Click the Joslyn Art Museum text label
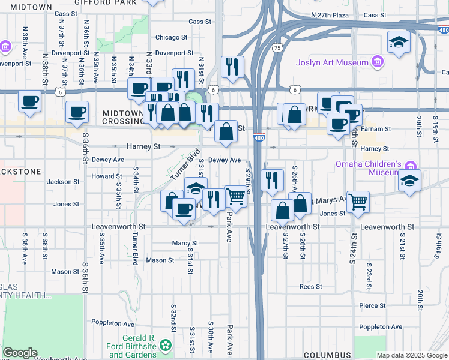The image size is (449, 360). pyautogui.click(x=331, y=62)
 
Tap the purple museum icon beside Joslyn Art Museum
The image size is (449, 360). pyautogui.click(x=378, y=61)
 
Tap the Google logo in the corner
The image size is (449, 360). pyautogui.click(x=20, y=353)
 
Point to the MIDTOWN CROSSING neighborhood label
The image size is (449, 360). pyautogui.click(x=122, y=116)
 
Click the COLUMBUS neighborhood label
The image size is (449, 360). pyautogui.click(x=327, y=355)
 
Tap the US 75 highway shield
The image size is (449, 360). pyautogui.click(x=277, y=47)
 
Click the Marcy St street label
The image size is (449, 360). pyautogui.click(x=185, y=243)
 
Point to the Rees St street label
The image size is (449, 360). pyautogui.click(x=311, y=287)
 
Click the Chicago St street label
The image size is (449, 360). pyautogui.click(x=167, y=37)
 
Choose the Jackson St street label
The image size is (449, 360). pyautogui.click(x=63, y=181)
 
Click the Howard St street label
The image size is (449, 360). pyautogui.click(x=103, y=176)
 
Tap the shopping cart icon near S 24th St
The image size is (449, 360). pyautogui.click(x=358, y=203)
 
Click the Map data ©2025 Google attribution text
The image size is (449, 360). pyautogui.click(x=412, y=355)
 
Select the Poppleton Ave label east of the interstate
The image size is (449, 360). pyautogui.click(x=379, y=327)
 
